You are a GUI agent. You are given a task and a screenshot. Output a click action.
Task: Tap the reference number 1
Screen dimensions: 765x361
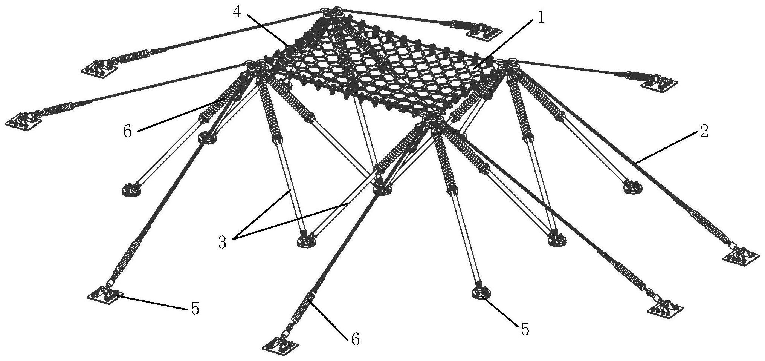pos(541,17)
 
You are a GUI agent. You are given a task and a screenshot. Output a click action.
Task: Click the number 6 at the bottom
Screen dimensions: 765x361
pos(355,339)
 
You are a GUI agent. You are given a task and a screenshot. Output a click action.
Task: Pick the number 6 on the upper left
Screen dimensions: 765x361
pos(128,132)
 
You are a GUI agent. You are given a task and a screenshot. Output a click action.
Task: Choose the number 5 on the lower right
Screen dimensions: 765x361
pos(525,329)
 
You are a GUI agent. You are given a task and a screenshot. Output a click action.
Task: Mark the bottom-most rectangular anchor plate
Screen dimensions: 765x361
pos(281,345)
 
